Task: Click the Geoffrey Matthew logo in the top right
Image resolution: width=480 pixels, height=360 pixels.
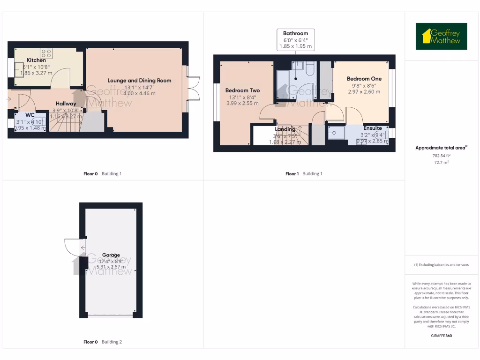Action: [x=441, y=37]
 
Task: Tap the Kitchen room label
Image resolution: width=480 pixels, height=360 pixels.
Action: [x=36, y=60]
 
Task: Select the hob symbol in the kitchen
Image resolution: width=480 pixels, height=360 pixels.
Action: [x=46, y=53]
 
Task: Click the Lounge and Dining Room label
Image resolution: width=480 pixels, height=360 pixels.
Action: [x=139, y=81]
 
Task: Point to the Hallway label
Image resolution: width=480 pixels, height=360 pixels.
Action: [x=66, y=104]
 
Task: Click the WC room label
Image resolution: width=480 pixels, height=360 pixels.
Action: [x=30, y=115]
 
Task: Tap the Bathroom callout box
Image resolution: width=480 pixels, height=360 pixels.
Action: [x=295, y=40]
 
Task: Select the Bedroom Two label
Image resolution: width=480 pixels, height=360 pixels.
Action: [x=242, y=90]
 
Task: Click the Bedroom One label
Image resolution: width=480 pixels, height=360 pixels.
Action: [x=364, y=79]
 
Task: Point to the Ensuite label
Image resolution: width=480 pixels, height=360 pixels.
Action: [x=373, y=128]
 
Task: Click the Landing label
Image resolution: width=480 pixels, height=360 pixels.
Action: [x=285, y=129]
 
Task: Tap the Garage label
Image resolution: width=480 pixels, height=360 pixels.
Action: [x=111, y=255]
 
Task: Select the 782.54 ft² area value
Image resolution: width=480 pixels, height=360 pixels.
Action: [x=441, y=155]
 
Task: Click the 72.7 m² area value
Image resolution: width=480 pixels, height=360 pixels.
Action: [x=441, y=162]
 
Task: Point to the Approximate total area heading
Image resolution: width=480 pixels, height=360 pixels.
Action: [x=441, y=148]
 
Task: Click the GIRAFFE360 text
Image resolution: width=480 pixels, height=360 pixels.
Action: [x=441, y=336]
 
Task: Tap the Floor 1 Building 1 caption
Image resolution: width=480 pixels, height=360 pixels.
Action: [x=304, y=174]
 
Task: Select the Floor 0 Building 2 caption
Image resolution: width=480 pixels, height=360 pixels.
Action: [x=102, y=342]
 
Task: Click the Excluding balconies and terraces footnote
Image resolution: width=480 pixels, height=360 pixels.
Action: [x=441, y=265]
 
